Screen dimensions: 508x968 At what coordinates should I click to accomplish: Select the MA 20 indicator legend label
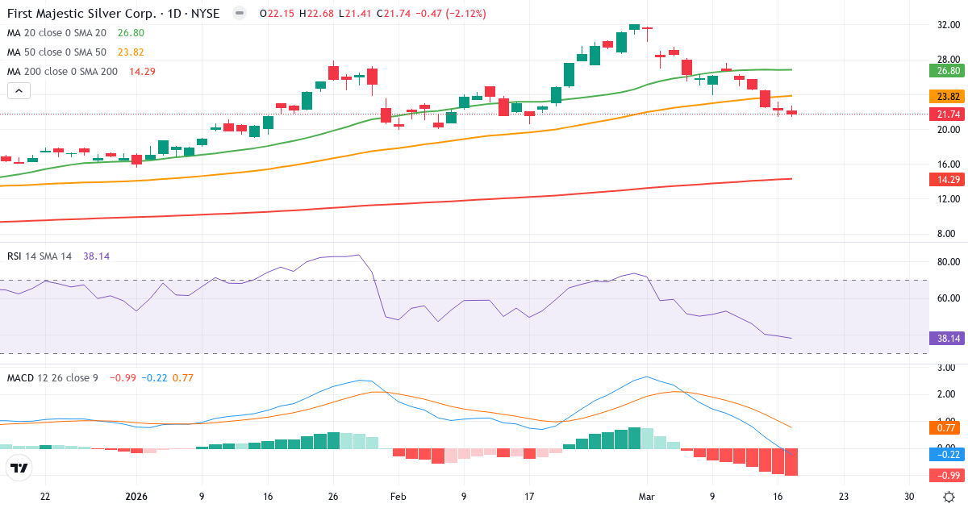(x=56, y=32)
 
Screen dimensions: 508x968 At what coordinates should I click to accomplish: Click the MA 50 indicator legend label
(x=56, y=52)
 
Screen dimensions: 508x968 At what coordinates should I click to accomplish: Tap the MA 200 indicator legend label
(x=62, y=71)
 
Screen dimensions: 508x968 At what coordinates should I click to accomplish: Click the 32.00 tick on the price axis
(x=949, y=25)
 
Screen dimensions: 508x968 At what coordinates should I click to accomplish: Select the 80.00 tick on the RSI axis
(x=949, y=262)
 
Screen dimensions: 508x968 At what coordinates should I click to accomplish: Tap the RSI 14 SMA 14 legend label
(x=40, y=256)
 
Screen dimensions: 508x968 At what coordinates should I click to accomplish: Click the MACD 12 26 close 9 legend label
(x=52, y=377)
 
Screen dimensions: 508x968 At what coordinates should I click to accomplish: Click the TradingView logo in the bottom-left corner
(x=19, y=468)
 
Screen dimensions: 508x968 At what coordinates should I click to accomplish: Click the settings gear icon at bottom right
(x=949, y=497)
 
